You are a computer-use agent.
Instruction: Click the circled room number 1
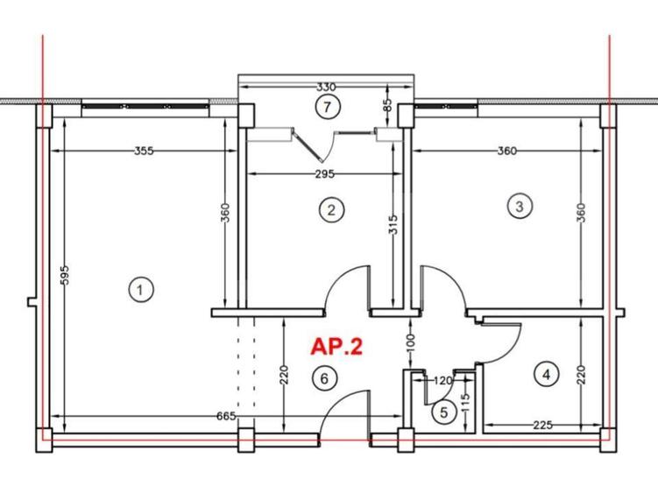click(x=140, y=288)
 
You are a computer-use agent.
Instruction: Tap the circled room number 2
click(x=330, y=209)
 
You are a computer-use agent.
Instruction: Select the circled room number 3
click(x=520, y=207)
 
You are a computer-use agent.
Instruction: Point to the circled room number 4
click(x=546, y=375)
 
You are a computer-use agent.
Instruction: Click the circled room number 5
click(x=443, y=412)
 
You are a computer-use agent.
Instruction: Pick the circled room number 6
click(x=324, y=379)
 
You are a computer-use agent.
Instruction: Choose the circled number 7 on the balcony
click(x=326, y=108)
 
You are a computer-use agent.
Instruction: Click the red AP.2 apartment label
click(x=336, y=347)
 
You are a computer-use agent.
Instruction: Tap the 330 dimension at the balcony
click(x=326, y=88)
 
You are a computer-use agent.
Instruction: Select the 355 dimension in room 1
click(x=145, y=151)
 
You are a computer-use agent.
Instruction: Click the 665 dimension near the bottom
click(x=225, y=416)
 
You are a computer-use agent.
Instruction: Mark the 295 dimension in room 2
click(x=323, y=174)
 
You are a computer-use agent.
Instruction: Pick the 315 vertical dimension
click(x=393, y=229)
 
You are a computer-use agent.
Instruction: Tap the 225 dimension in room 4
click(x=542, y=426)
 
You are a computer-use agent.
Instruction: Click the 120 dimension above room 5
click(x=442, y=381)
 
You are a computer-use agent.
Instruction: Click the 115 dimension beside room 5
click(x=465, y=404)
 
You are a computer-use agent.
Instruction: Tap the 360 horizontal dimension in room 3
click(x=506, y=151)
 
